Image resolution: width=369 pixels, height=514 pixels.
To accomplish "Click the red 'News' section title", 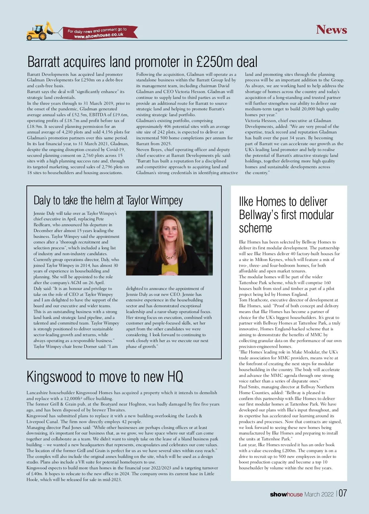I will click(331, 30).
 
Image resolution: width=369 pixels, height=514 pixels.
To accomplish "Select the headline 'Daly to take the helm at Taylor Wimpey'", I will click(108, 200).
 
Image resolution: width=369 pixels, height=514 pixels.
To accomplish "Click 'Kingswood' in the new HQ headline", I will click(54, 377).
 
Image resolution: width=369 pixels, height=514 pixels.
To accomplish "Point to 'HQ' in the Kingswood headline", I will click(175, 377).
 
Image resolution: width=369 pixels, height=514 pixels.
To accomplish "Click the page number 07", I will click(343, 493).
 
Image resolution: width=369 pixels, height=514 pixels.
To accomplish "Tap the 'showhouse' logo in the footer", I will click(286, 494).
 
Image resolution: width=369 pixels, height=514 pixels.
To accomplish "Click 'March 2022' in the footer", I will click(319, 494).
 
